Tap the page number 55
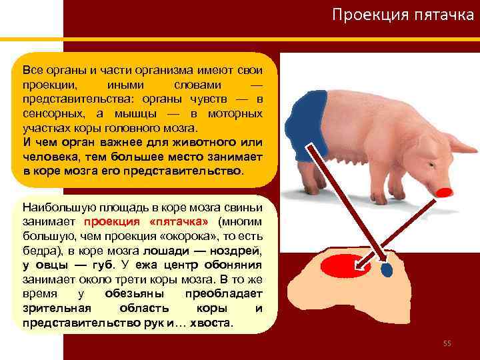pos(447,343)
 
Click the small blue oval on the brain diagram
pos(387,270)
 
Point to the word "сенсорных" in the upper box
pos(49,113)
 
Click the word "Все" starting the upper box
pos(32,69)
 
